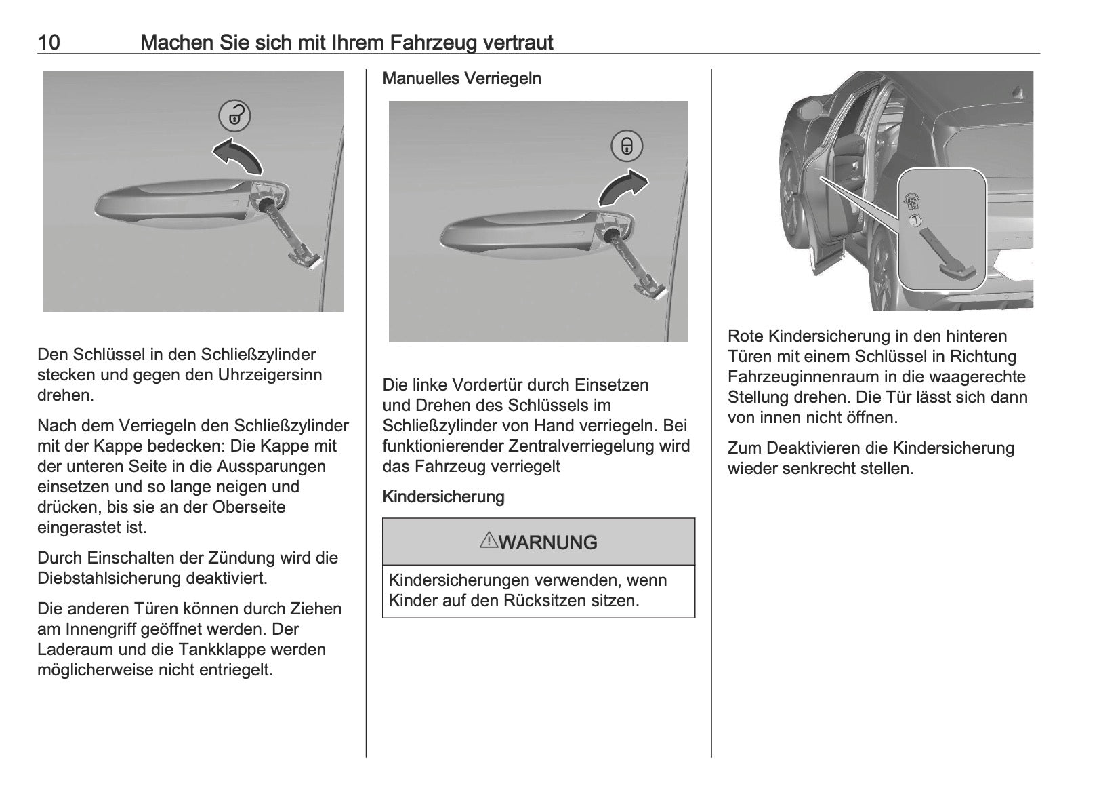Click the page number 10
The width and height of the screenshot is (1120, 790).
(x=49, y=43)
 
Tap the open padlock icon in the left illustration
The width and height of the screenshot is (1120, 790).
(x=234, y=115)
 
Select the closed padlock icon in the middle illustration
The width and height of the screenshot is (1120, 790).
(x=627, y=146)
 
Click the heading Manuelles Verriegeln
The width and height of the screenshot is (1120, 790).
(x=461, y=79)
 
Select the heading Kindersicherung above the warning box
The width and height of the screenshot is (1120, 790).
(x=443, y=497)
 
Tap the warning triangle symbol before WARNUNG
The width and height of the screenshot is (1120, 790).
(x=488, y=540)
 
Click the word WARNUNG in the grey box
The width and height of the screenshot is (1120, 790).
(x=548, y=542)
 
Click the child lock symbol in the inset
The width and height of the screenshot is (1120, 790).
(x=911, y=201)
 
